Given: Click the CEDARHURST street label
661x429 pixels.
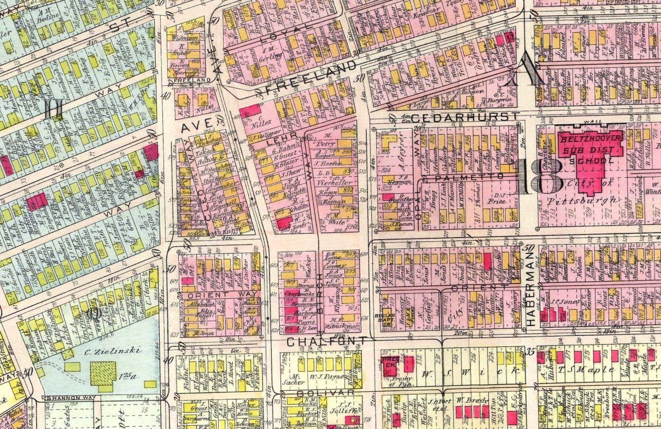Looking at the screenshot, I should (465, 117).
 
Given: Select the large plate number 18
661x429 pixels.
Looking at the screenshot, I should (539, 176).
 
